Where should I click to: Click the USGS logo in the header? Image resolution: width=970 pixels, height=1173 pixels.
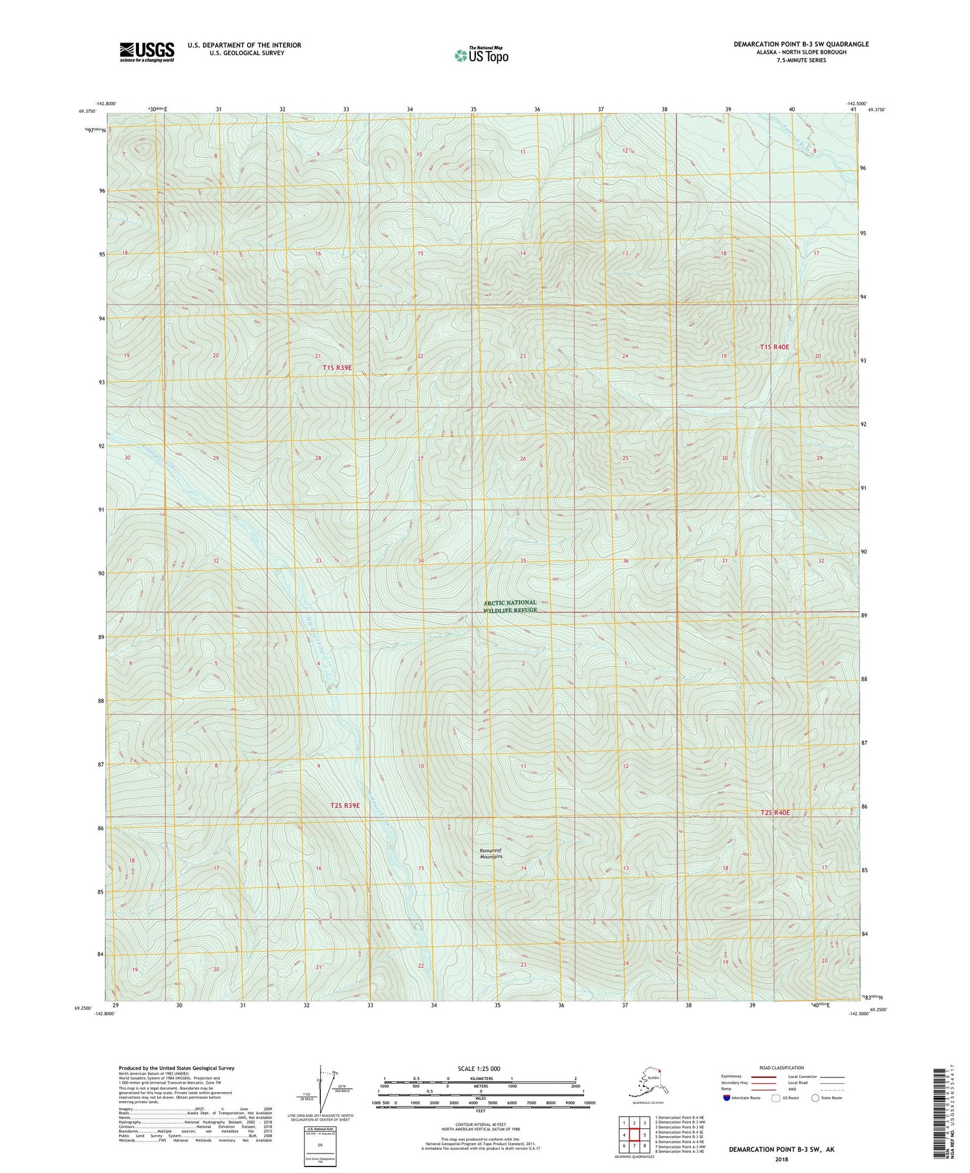click(x=147, y=52)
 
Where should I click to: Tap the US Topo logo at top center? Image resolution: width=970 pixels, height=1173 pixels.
click(x=482, y=55)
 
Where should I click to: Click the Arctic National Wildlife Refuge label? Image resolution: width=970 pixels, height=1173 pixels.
click(x=510, y=606)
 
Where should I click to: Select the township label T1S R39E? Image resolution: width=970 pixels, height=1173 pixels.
click(x=338, y=367)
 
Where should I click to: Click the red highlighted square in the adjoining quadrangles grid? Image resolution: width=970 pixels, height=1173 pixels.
click(x=634, y=1135)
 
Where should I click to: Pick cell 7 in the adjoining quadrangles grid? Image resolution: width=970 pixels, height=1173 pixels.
click(x=634, y=1146)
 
